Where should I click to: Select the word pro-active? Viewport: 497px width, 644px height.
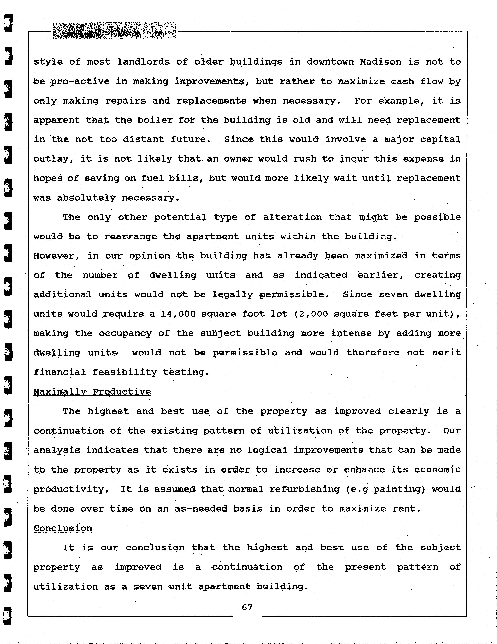point(80,81)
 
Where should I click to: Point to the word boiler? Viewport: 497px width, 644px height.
point(155,120)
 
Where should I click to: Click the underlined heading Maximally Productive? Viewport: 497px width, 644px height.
point(92,392)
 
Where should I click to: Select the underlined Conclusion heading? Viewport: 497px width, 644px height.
point(63,528)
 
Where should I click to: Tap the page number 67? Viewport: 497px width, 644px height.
point(247,607)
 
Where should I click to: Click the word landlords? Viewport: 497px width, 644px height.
point(143,62)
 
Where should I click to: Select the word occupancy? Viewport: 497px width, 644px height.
point(125,333)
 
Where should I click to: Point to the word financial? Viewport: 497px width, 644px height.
point(59,372)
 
